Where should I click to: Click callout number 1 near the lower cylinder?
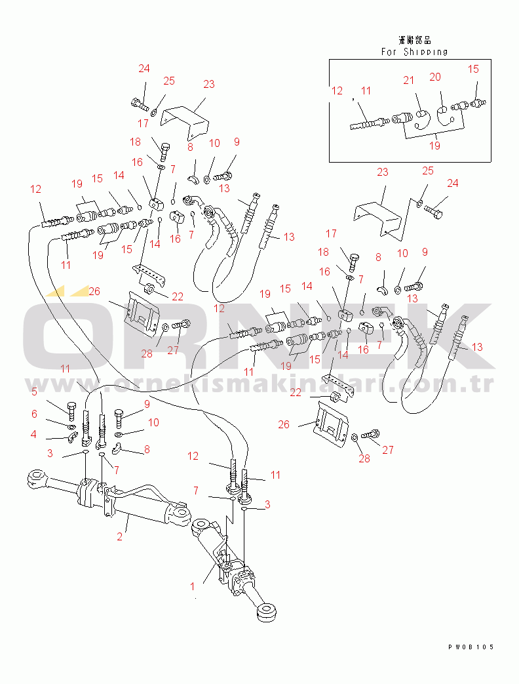point(193,586)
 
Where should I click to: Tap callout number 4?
point(33,434)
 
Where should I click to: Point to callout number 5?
point(33,392)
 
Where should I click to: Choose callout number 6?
point(33,414)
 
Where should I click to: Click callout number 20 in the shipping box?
point(435,77)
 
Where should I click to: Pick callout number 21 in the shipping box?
point(409,80)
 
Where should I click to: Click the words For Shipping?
point(415,52)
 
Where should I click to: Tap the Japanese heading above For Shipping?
point(415,41)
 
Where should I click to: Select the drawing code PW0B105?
point(471,647)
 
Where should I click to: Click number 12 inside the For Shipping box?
point(337,91)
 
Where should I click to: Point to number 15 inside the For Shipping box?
point(473,69)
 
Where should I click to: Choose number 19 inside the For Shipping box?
point(434,146)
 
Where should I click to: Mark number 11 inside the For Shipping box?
point(365,91)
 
